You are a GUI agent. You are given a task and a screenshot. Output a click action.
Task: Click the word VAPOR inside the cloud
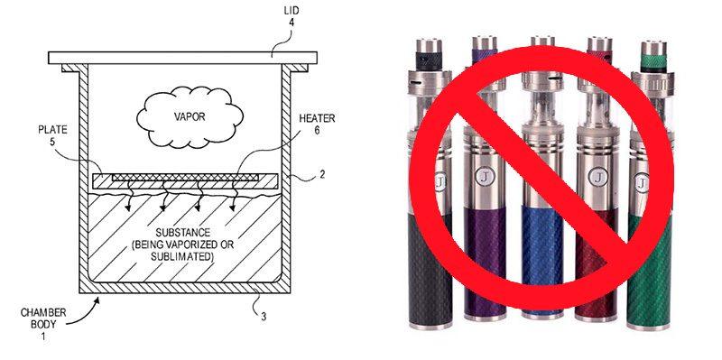click(x=190, y=116)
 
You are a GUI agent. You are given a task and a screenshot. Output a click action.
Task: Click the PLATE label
click(x=52, y=130)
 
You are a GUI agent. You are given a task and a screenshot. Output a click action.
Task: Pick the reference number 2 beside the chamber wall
click(x=322, y=175)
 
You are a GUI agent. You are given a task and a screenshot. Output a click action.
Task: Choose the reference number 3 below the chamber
click(x=264, y=317)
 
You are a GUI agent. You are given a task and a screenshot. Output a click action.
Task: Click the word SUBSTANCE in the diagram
click(x=183, y=233)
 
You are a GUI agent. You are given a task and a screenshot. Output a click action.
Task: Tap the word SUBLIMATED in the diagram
click(x=182, y=256)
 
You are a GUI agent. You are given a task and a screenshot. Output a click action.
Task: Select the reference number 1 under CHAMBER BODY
click(x=43, y=337)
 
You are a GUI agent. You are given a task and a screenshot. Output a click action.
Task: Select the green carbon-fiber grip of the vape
click(x=649, y=271)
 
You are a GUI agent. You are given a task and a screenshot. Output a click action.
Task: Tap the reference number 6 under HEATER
click(x=317, y=131)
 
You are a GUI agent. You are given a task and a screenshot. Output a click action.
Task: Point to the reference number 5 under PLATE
click(x=52, y=142)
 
